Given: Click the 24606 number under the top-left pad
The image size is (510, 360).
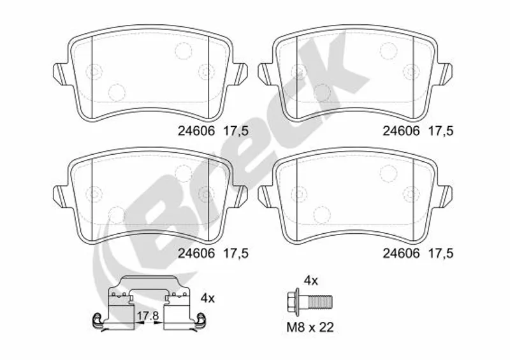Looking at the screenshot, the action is [196, 131].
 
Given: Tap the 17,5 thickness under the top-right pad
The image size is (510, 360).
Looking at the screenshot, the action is [441, 131].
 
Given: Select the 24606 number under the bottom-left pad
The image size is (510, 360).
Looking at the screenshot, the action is [196, 254].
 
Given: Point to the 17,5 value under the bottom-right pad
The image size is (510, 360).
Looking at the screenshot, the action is [441, 254].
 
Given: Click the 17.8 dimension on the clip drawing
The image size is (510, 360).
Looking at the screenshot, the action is [147, 315].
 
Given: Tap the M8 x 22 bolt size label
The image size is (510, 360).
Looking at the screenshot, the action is [310, 328].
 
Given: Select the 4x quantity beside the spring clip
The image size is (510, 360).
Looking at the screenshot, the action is [208, 298].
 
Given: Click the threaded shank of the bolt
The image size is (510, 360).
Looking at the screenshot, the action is [320, 302].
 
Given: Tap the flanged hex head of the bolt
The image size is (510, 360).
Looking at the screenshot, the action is [294, 302].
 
